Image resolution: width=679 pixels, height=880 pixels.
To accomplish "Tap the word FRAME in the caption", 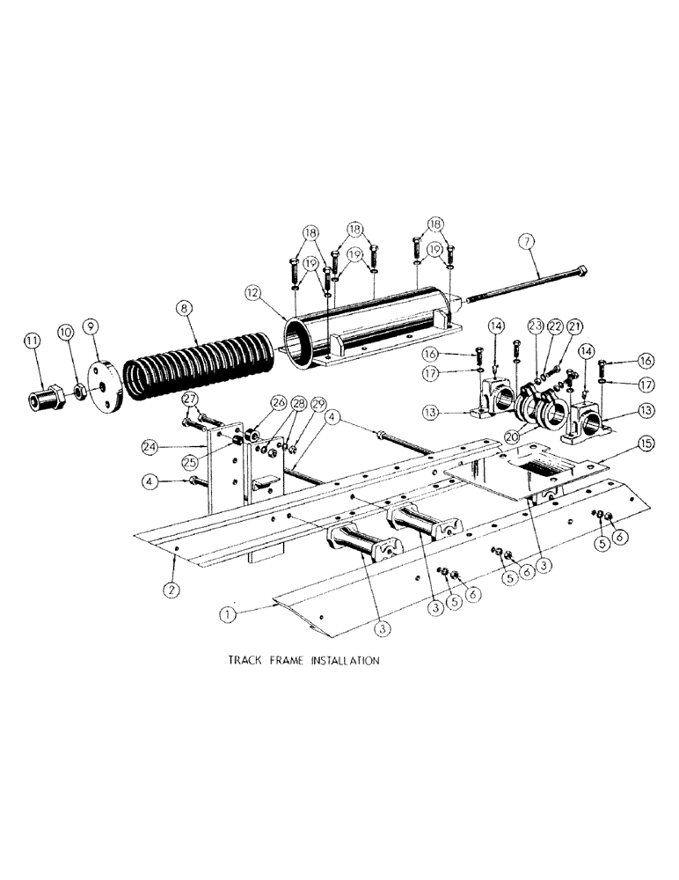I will pyautogui.click(x=287, y=660).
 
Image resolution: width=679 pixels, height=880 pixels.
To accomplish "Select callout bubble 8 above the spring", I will pyautogui.click(x=184, y=309).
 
